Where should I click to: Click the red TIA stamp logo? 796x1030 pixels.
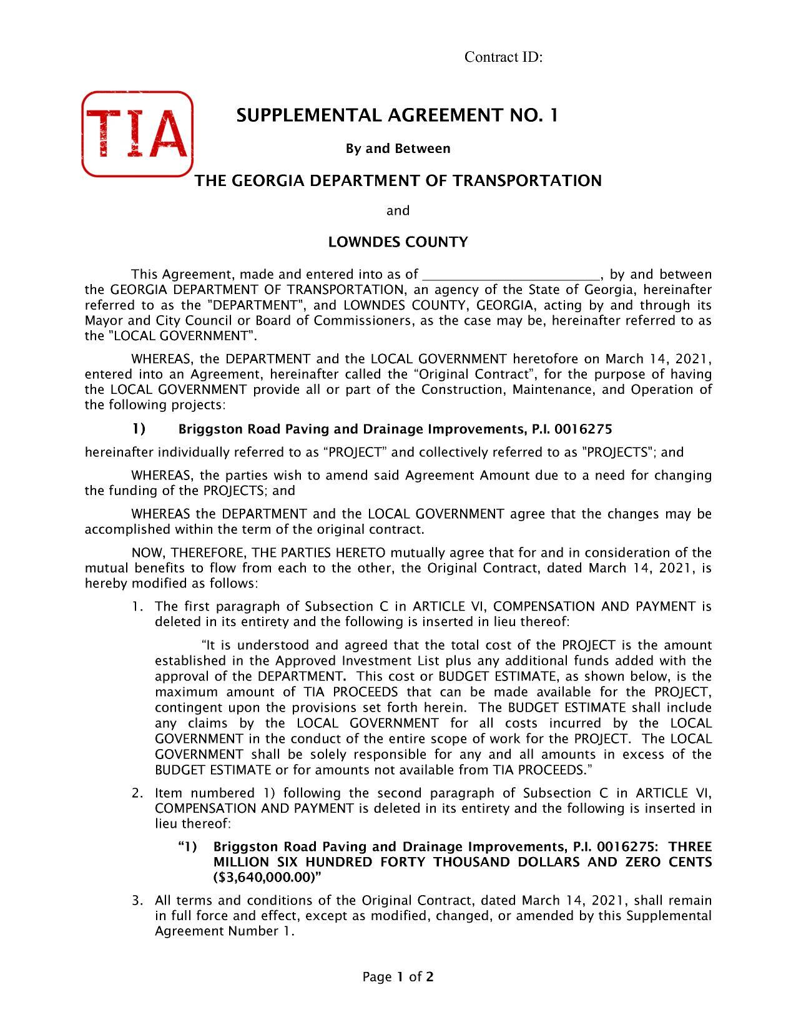[137, 134]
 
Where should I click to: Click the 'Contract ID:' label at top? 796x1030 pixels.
[503, 57]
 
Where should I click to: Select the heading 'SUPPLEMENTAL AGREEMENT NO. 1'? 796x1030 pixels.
[397, 115]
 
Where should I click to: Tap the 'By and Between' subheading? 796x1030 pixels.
[398, 149]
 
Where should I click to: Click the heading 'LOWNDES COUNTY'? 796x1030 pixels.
[398, 242]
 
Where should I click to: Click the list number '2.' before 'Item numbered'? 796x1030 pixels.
[138, 793]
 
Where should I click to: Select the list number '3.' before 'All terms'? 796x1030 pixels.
[138, 901]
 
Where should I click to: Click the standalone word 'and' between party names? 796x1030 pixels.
[398, 211]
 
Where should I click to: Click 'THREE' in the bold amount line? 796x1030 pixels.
[690, 847]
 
